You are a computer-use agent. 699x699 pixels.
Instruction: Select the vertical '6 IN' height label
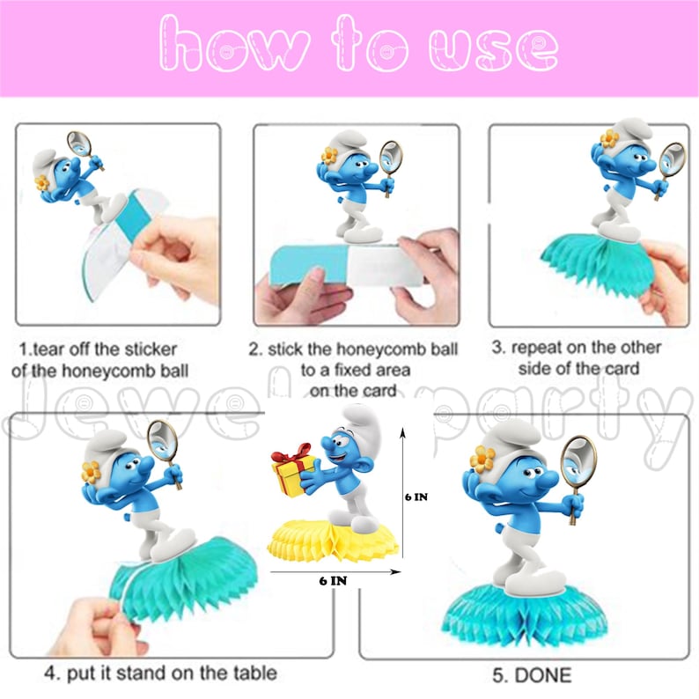point(416,497)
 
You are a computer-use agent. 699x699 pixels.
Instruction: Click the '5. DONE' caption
point(531,675)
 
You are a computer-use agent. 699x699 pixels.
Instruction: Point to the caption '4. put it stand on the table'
point(160,673)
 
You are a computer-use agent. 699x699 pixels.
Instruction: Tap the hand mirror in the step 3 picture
point(670,161)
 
